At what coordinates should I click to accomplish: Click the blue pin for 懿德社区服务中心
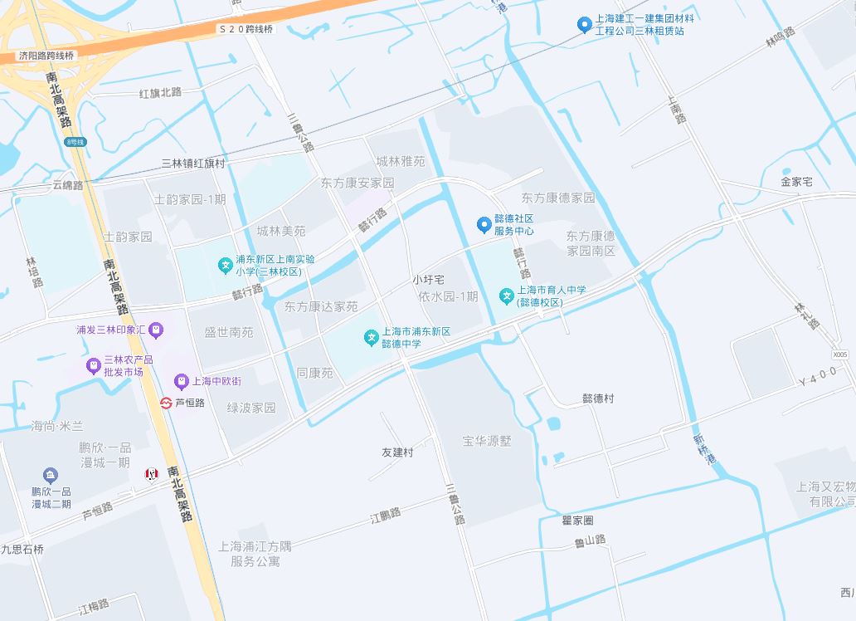[484, 224]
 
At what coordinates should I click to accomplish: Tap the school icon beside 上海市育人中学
[506, 296]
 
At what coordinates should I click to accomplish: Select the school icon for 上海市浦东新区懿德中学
[370, 336]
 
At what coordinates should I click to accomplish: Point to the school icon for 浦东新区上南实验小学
[224, 265]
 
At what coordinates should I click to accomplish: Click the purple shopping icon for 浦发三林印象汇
[157, 330]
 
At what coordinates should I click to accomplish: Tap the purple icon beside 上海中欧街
[181, 382]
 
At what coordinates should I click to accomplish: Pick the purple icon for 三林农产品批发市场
[92, 365]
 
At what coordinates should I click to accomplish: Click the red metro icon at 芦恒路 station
[166, 403]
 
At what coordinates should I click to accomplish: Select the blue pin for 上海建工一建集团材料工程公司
[584, 25]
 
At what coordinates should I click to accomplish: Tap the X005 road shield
[840, 355]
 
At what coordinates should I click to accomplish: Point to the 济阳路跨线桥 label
[46, 56]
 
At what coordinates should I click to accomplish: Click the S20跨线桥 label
[246, 29]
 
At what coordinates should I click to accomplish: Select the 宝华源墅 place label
[488, 441]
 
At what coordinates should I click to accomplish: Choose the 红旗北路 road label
[160, 92]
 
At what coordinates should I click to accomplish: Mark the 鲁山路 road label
[590, 540]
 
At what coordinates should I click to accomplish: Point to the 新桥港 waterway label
[702, 448]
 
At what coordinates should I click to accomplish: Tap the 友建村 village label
[396, 452]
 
